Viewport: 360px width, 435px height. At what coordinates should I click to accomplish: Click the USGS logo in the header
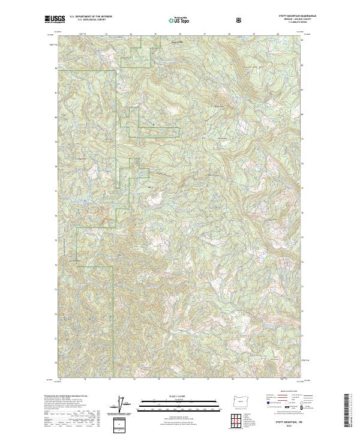tap(55, 20)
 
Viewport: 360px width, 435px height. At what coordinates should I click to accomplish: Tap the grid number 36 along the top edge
tap(180, 34)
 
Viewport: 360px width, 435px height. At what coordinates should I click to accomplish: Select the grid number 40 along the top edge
tap(278, 34)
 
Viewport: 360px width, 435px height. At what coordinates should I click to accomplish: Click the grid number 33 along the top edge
tap(106, 34)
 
